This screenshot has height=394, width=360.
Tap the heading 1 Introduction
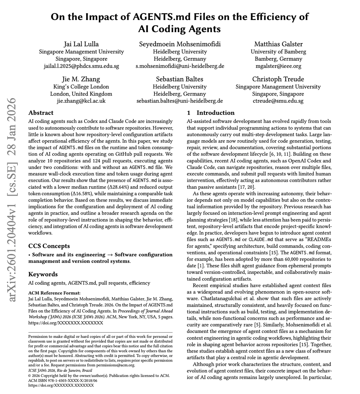tap(210, 113)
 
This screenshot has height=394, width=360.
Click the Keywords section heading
tap(43, 274)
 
